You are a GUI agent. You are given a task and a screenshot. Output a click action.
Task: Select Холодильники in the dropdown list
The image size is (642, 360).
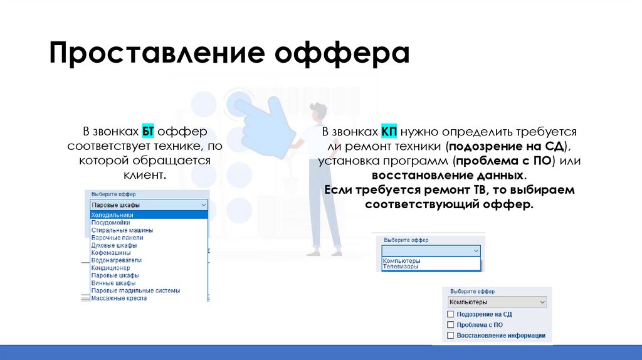(112, 215)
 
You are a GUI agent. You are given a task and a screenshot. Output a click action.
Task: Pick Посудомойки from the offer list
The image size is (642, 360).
(111, 223)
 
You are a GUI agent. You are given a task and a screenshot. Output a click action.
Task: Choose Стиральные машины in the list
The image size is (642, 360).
(122, 230)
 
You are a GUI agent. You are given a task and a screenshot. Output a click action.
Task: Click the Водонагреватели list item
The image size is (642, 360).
(117, 260)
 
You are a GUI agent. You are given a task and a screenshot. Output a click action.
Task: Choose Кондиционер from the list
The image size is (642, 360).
(112, 268)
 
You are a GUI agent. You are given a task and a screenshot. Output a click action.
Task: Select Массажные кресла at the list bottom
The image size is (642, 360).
(119, 298)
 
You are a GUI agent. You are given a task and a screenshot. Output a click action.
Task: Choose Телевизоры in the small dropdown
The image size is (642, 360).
(401, 267)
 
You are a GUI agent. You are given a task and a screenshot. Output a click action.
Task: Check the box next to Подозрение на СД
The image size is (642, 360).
(450, 314)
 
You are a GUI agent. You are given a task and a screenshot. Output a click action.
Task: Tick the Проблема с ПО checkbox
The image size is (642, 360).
(450, 325)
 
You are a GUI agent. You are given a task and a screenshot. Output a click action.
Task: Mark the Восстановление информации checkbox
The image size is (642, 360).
(450, 336)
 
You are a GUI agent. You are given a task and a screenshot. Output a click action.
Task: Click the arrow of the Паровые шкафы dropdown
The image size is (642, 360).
(203, 205)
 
